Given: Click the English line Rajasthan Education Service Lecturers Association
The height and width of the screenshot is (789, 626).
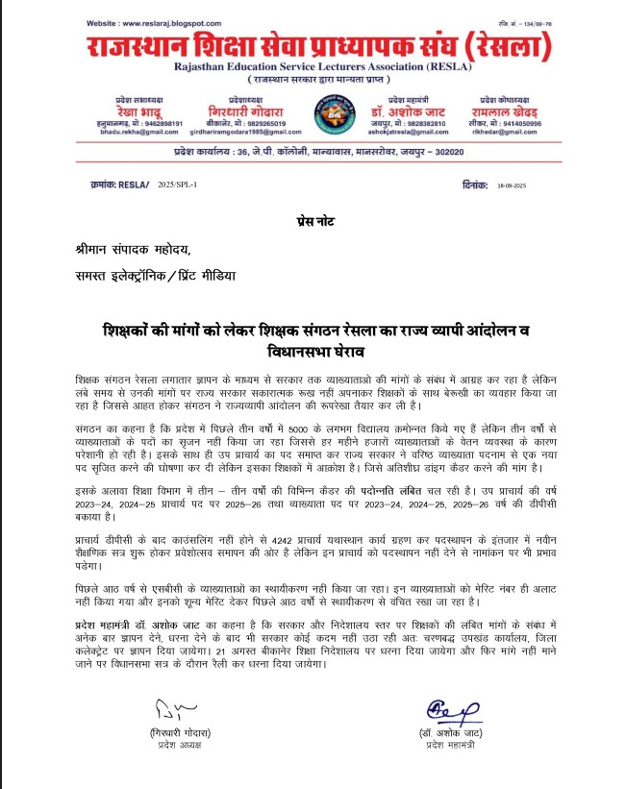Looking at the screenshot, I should point(313,66).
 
